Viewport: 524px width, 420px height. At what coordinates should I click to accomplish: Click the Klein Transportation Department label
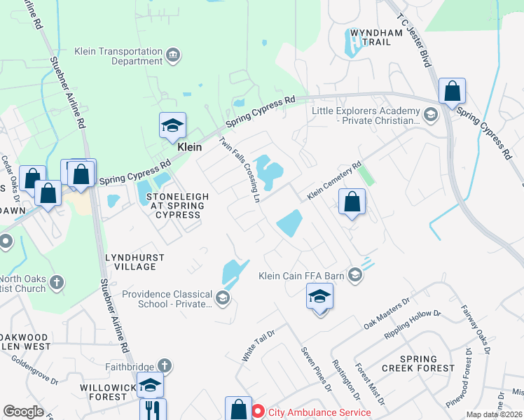pos(118,56)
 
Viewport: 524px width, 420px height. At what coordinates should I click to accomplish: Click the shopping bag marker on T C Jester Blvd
pos(452,91)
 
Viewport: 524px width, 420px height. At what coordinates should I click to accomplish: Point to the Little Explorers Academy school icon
pos(431,113)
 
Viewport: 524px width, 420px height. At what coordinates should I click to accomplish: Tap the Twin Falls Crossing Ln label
pos(240,169)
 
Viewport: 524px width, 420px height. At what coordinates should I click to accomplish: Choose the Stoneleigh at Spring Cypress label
pos(177,206)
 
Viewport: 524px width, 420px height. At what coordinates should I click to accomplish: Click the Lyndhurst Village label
pos(135,262)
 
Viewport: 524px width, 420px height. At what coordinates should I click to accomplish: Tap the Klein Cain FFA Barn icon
pos(356,275)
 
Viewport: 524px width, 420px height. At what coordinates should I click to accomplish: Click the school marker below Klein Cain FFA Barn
pos(319,297)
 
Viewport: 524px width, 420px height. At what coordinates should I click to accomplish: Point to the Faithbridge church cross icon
pos(164,365)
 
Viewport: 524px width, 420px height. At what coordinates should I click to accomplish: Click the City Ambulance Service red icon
pos(258,412)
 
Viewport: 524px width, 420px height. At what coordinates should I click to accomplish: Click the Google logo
pos(23,412)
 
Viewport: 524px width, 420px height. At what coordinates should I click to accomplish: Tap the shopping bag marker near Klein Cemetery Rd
pos(352,203)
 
